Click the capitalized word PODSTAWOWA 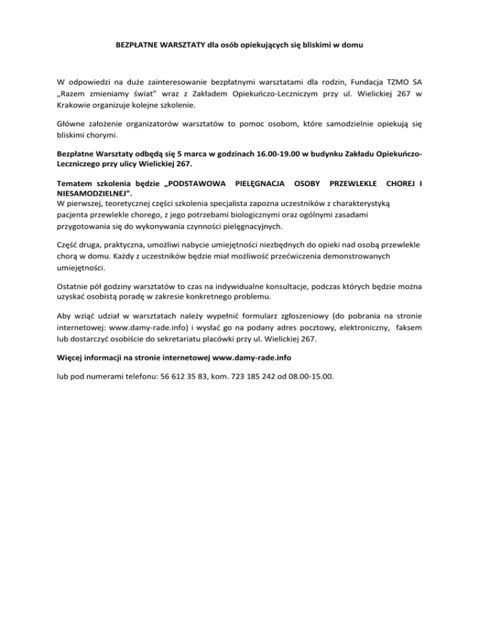point(195,185)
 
